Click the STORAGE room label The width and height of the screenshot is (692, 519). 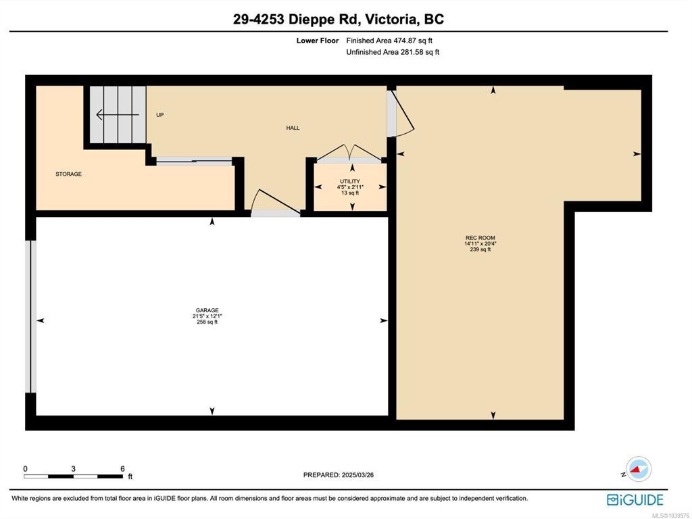(68, 174)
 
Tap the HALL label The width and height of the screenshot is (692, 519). (293, 128)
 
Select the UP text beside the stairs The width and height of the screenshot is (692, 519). (159, 115)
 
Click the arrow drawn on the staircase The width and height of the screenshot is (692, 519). (118, 115)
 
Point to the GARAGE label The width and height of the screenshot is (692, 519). (207, 311)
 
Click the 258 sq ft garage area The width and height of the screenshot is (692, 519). (207, 322)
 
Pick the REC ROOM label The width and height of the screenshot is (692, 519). (480, 238)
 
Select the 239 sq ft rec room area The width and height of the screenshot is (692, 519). (480, 249)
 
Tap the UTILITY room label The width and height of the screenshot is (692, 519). (350, 181)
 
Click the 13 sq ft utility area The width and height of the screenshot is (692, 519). (350, 193)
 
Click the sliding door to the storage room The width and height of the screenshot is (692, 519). (194, 162)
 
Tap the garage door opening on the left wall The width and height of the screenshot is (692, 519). (30, 316)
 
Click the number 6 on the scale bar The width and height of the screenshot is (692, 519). (123, 469)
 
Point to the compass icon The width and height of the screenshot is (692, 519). (638, 469)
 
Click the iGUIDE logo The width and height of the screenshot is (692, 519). (635, 500)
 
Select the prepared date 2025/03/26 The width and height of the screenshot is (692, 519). (357, 475)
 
